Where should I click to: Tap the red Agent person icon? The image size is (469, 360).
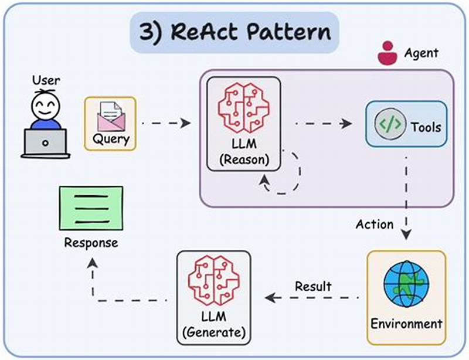point(387,53)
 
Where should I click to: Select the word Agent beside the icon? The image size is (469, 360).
point(421,53)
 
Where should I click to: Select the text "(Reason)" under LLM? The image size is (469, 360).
point(243,159)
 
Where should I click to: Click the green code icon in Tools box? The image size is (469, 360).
point(389,124)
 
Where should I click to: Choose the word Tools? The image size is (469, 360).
point(425,127)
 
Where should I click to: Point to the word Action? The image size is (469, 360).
point(375,225)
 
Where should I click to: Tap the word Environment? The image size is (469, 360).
point(406,323)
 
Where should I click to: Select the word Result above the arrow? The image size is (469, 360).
point(313,287)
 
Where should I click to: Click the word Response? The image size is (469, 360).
point(91,243)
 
